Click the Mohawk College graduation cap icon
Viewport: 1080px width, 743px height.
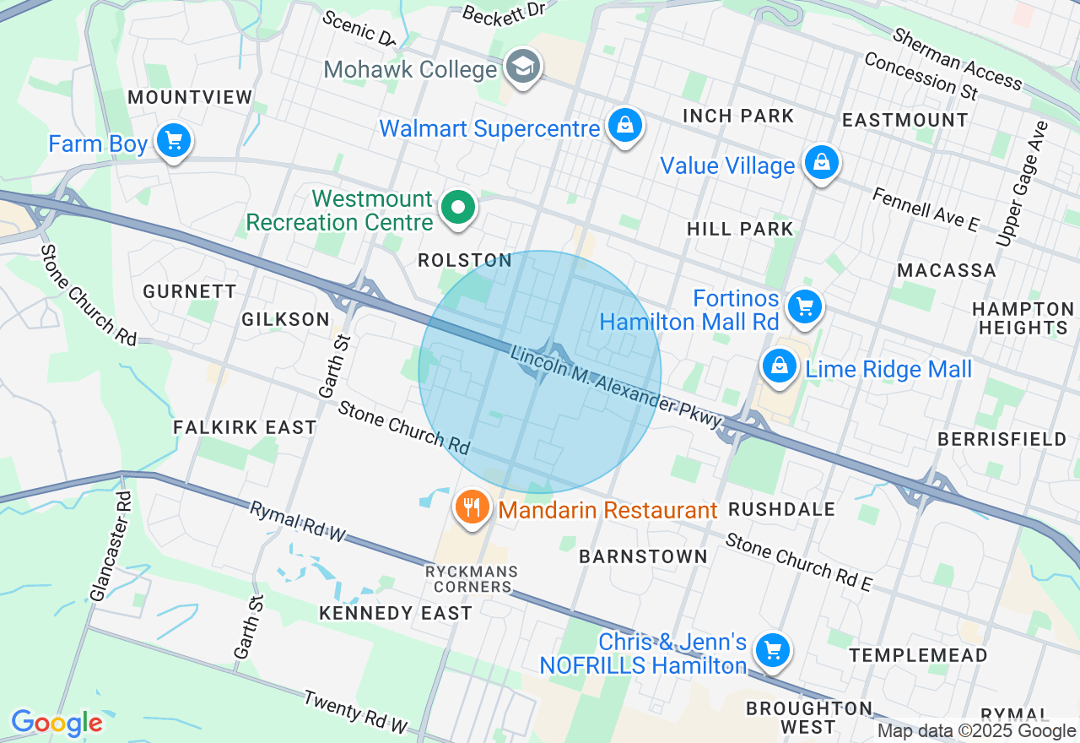[x=523, y=67]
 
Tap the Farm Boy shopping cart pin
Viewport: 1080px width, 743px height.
[x=174, y=141]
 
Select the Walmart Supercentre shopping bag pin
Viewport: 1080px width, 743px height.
[x=624, y=126]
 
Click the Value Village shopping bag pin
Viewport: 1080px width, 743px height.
[x=821, y=162]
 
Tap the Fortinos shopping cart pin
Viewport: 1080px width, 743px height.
[x=804, y=306]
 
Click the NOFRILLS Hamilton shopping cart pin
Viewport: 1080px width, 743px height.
[x=772, y=650]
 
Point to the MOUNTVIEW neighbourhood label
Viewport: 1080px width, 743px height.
[x=190, y=97]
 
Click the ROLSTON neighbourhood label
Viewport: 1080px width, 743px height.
[x=465, y=261]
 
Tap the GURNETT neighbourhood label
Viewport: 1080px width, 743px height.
[x=190, y=291]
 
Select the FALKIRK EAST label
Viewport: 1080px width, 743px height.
[x=245, y=428]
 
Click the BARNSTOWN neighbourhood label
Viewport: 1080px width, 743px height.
[x=643, y=556]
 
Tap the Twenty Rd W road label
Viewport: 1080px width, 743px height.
[x=355, y=713]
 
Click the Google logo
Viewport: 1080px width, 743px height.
[x=57, y=723]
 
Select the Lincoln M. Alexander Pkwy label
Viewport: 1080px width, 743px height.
[x=615, y=388]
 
